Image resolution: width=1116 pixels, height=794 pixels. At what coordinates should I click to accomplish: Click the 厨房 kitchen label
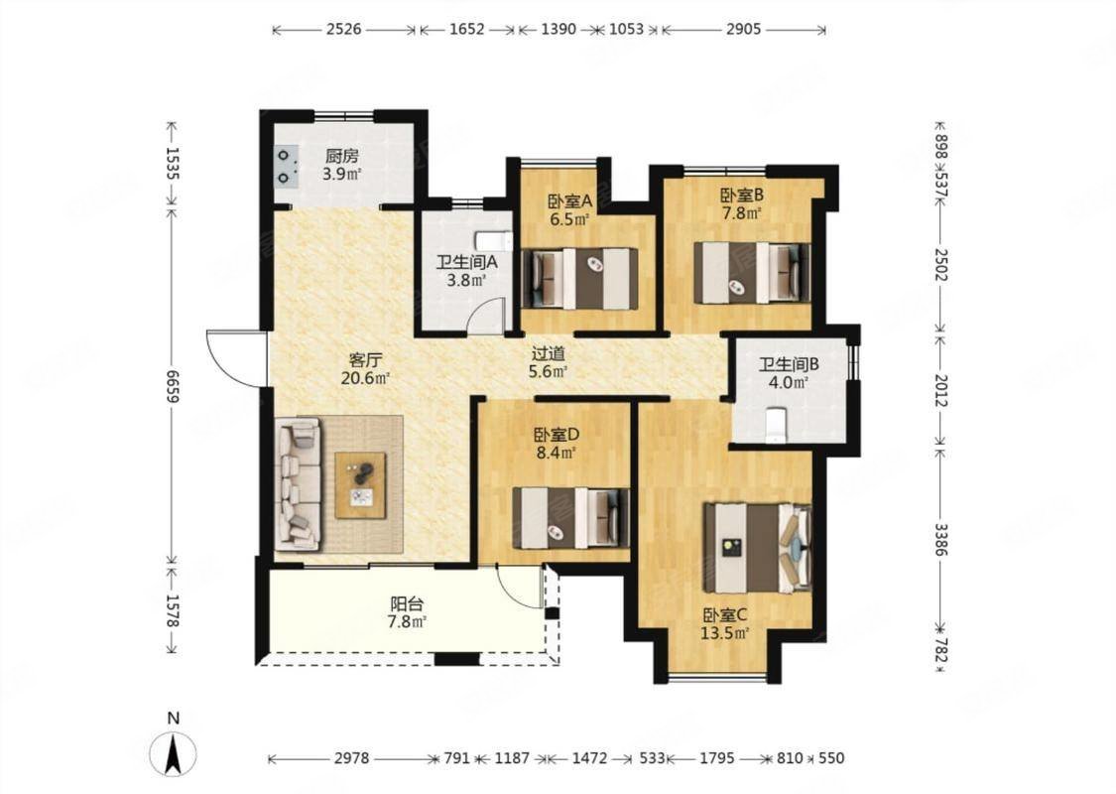(x=341, y=156)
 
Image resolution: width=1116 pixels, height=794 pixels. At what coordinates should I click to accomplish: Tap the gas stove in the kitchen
(x=286, y=166)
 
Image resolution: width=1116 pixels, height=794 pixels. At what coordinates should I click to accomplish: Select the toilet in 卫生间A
(x=494, y=241)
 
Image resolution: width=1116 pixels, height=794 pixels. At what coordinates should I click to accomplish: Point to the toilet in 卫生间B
(x=775, y=425)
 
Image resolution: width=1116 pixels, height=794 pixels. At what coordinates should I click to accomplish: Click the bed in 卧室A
(x=580, y=279)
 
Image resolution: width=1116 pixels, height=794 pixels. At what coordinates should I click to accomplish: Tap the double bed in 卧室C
(x=757, y=548)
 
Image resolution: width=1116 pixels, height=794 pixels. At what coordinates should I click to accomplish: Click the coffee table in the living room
(x=361, y=485)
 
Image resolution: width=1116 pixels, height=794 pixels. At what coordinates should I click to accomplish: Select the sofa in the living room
(x=298, y=483)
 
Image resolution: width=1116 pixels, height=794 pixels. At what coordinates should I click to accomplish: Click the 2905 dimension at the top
(x=743, y=29)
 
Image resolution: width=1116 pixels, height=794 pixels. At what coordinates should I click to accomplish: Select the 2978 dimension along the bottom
(x=351, y=758)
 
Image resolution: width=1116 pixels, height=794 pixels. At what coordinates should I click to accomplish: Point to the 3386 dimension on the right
(x=941, y=540)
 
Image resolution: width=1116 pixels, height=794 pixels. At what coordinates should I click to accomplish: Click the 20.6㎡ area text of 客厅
(x=365, y=378)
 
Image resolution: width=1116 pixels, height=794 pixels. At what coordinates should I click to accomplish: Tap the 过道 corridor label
(x=549, y=353)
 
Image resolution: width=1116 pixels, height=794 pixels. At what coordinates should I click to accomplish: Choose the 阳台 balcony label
(x=407, y=604)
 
